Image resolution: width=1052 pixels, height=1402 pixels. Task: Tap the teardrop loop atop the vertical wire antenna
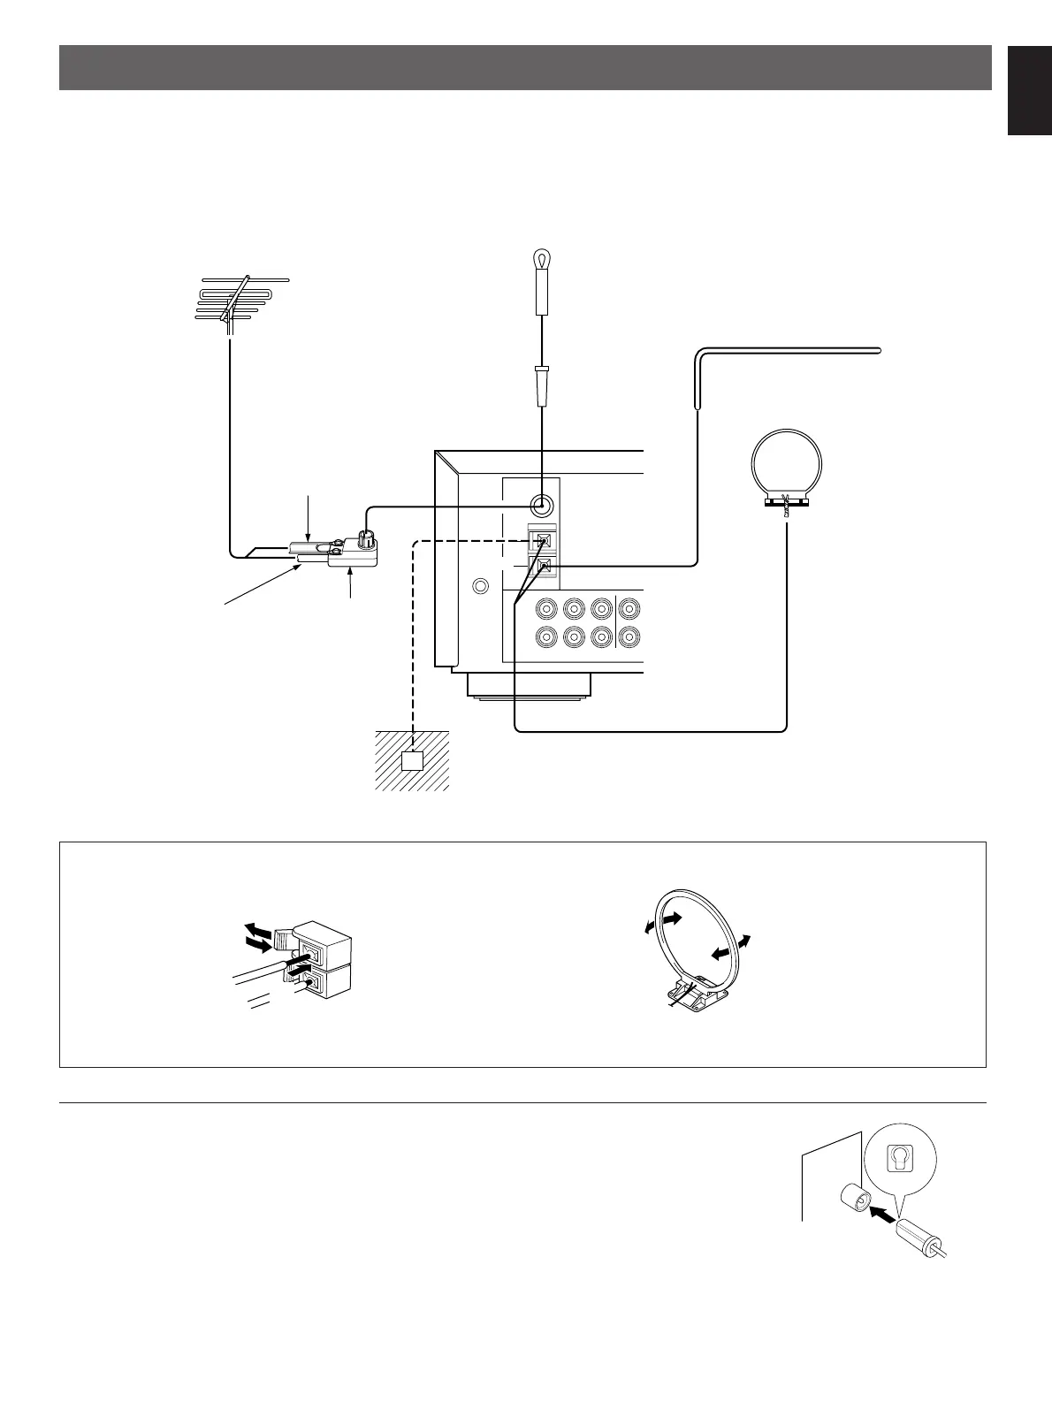click(x=540, y=260)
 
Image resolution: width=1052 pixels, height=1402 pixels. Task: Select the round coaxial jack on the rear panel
click(x=541, y=506)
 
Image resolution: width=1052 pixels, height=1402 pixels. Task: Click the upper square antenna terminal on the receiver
click(x=542, y=540)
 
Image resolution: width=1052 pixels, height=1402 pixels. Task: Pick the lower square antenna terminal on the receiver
click(x=542, y=568)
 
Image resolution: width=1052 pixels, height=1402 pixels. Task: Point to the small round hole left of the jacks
click(x=480, y=586)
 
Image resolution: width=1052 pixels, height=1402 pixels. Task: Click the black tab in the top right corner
click(x=1029, y=88)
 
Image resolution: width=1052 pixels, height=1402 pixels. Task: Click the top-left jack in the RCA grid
click(x=546, y=608)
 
